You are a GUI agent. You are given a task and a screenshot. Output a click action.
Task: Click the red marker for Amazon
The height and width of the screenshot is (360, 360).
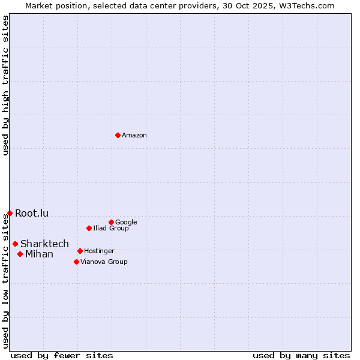tap(118, 135)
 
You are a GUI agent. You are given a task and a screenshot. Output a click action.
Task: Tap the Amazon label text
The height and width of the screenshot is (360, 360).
tap(134, 136)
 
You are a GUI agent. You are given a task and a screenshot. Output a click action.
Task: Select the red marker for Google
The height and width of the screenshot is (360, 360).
tap(111, 222)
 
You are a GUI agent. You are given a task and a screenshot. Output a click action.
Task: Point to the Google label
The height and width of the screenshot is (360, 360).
tap(126, 223)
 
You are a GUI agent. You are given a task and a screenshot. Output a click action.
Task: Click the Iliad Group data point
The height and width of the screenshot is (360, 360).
tap(89, 228)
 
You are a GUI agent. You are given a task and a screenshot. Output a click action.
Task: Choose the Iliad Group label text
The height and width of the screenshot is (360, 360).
tap(111, 229)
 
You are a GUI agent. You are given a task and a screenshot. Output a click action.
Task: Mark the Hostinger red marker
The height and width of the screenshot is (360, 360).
tap(80, 251)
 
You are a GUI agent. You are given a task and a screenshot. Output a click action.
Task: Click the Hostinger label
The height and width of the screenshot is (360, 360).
tap(99, 251)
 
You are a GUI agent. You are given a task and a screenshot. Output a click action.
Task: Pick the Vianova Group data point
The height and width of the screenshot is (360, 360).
tap(76, 262)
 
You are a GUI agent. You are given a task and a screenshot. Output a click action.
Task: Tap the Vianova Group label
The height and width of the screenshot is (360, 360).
tap(104, 262)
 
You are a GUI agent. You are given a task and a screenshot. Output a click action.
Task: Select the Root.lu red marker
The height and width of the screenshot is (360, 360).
tap(10, 213)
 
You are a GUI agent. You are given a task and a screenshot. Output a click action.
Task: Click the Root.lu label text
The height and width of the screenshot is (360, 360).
tap(32, 214)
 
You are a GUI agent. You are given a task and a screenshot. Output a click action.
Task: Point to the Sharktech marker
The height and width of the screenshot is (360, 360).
tap(15, 244)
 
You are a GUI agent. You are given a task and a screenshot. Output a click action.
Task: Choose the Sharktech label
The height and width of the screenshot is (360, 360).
tap(44, 244)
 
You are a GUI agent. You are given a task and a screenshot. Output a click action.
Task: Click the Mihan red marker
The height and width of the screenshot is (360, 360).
tap(20, 254)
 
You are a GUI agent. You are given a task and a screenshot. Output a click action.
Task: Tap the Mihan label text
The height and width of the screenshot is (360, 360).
tap(39, 254)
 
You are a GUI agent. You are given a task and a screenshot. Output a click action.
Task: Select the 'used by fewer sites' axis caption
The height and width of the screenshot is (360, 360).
tap(62, 356)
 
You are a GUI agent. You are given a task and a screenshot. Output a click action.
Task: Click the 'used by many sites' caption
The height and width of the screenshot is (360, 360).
tap(301, 356)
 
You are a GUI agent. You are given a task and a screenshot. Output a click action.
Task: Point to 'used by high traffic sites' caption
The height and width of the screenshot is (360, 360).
tap(6, 85)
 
